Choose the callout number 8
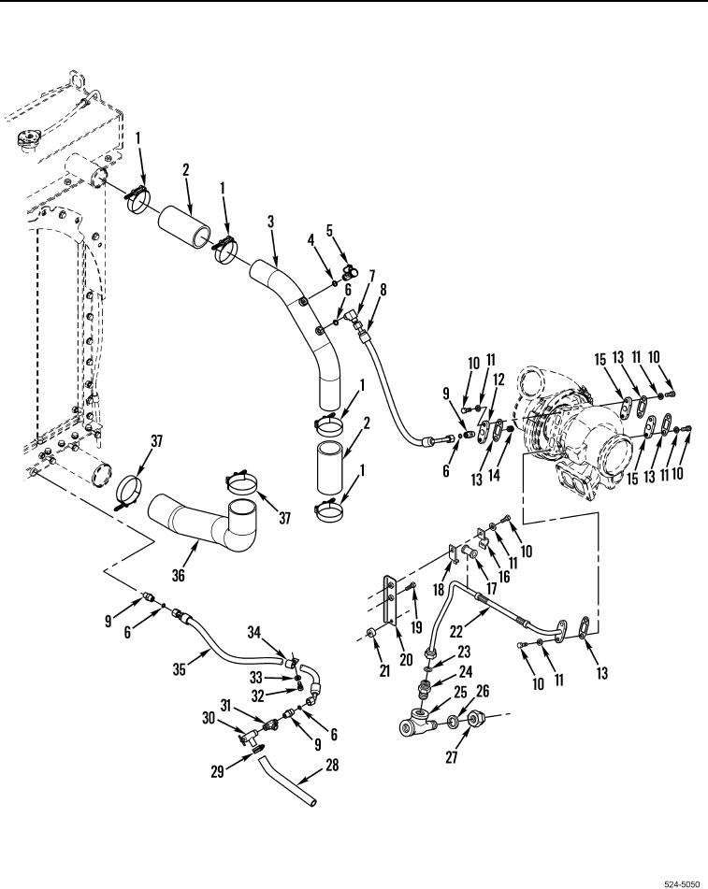[x=382, y=290]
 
